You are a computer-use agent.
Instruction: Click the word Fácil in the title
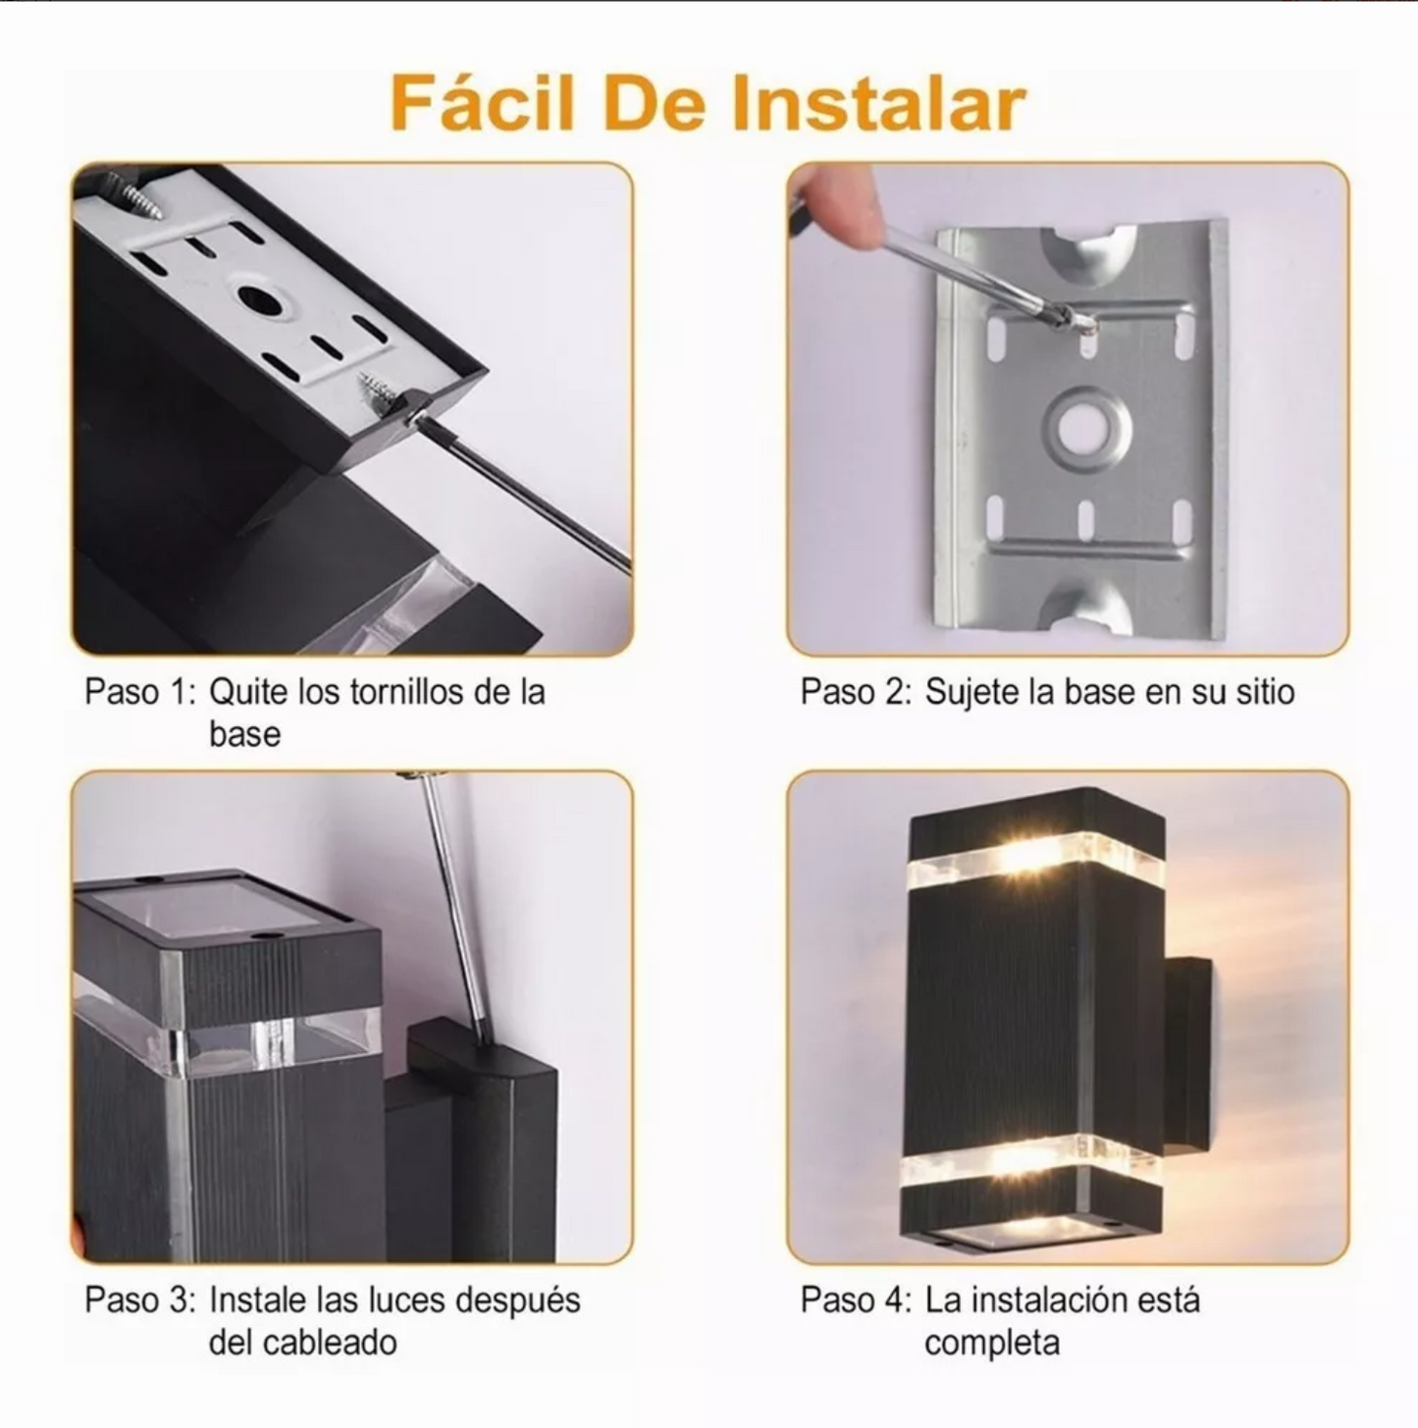(x=481, y=104)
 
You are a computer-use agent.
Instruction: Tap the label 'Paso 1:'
(x=140, y=692)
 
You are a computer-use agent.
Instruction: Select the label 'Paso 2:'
(x=856, y=692)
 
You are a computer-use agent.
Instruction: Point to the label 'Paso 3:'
(x=140, y=1300)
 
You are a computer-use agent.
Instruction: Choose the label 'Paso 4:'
(x=856, y=1300)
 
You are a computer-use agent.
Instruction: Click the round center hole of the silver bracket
(x=1086, y=429)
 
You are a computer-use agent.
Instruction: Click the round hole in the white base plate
(x=262, y=298)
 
